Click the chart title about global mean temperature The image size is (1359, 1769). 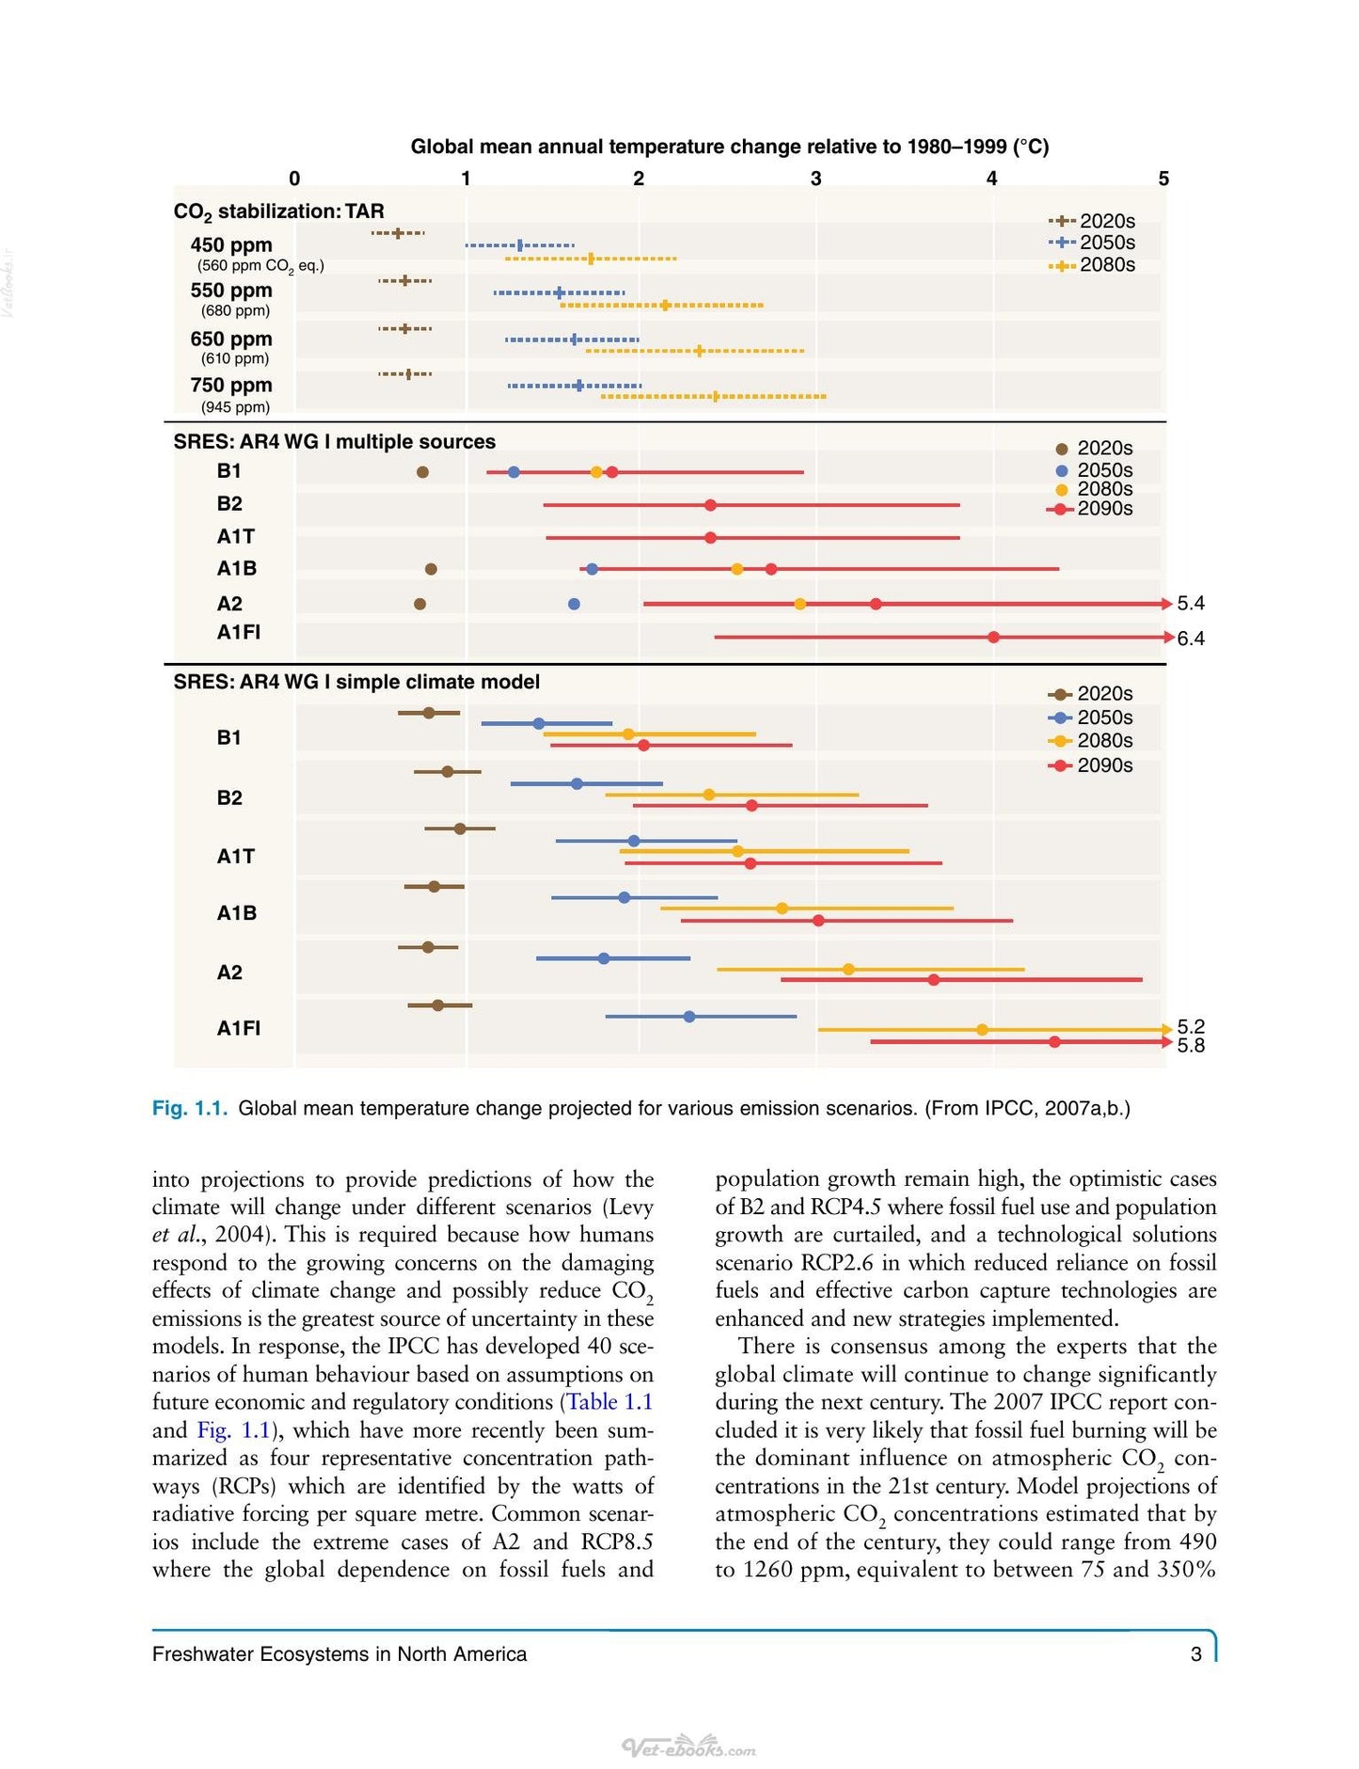click(x=730, y=147)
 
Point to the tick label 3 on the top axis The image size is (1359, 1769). click(x=815, y=179)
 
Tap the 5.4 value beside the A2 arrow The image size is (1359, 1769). click(x=1191, y=603)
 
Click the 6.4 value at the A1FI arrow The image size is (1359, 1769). click(x=1191, y=639)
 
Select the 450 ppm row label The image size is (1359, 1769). click(x=231, y=245)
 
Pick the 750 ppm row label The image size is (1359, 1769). click(x=231, y=386)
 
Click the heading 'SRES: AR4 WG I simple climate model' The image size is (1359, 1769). click(x=356, y=682)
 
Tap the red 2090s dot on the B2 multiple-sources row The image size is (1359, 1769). click(x=710, y=505)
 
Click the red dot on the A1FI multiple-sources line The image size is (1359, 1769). click(x=994, y=638)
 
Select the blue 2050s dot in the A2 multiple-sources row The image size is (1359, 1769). click(x=574, y=604)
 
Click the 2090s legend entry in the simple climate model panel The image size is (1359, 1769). click(x=1091, y=766)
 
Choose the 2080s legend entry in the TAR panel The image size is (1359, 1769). click(x=1093, y=265)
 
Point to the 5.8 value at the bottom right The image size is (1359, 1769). click(x=1191, y=1046)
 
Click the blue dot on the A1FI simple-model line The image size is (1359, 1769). click(x=689, y=1017)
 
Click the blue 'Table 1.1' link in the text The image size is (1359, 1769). click(x=609, y=1402)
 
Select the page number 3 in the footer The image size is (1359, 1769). click(x=1196, y=1654)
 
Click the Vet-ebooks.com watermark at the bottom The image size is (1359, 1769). click(x=689, y=1747)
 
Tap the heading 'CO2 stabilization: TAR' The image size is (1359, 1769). click(x=279, y=213)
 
